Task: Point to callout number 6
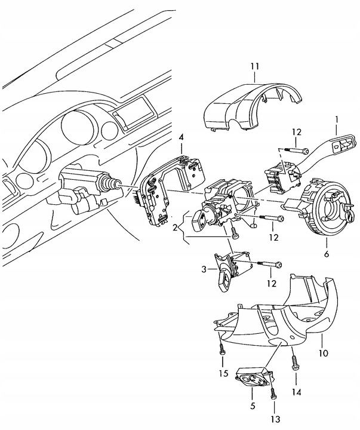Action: pyautogui.click(x=326, y=254)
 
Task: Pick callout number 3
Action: pyautogui.click(x=205, y=271)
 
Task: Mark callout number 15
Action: pyautogui.click(x=223, y=373)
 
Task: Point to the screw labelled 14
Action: pyautogui.click(x=295, y=360)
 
